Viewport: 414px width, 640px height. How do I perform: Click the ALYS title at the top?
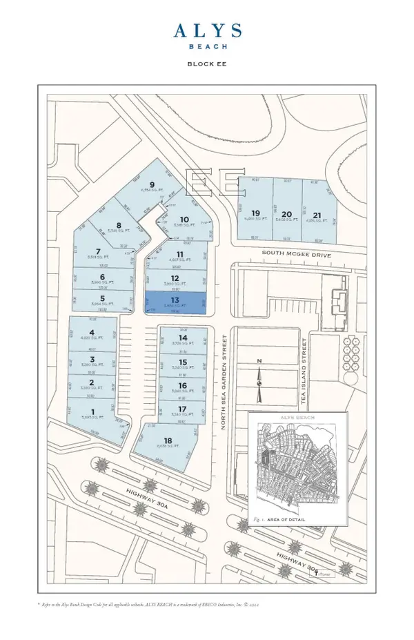[206, 32]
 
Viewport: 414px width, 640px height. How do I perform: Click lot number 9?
[141, 184]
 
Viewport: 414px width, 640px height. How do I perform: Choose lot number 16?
[182, 386]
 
